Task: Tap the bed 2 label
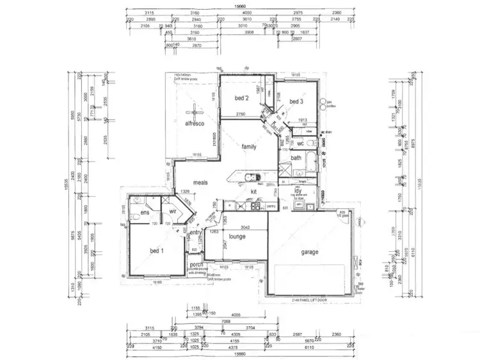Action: [x=241, y=98]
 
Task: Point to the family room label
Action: [x=248, y=147]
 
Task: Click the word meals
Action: [x=201, y=183]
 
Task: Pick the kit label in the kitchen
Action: [x=253, y=192]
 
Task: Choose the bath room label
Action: [x=296, y=158]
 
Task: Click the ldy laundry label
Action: [x=298, y=191]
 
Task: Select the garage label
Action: [x=310, y=252]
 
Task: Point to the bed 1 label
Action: [x=157, y=250]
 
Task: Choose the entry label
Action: [x=195, y=232]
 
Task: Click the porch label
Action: [x=195, y=263]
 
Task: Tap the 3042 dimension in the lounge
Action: [x=241, y=226]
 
